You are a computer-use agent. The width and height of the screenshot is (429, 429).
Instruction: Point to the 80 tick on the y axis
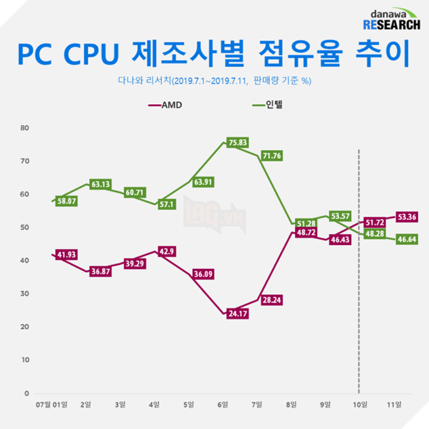[x=25, y=128]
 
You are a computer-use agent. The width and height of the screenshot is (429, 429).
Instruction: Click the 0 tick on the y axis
[x=27, y=394]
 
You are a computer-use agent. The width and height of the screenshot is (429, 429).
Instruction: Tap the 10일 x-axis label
[x=359, y=405]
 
